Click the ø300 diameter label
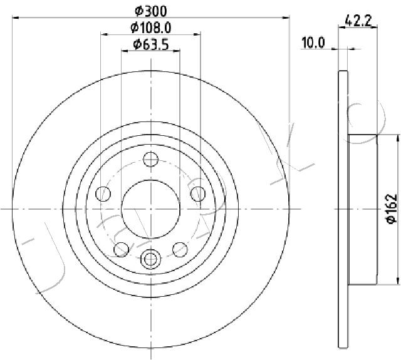[x=151, y=11]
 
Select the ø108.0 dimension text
[x=150, y=28]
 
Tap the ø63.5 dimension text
[x=151, y=44]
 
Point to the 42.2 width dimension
[x=358, y=21]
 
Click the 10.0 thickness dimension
[x=313, y=43]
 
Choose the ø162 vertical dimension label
[x=391, y=209]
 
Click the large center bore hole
[x=150, y=209]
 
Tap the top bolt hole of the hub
[x=151, y=160]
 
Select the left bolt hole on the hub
[x=103, y=193]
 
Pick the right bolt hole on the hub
[x=198, y=193]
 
